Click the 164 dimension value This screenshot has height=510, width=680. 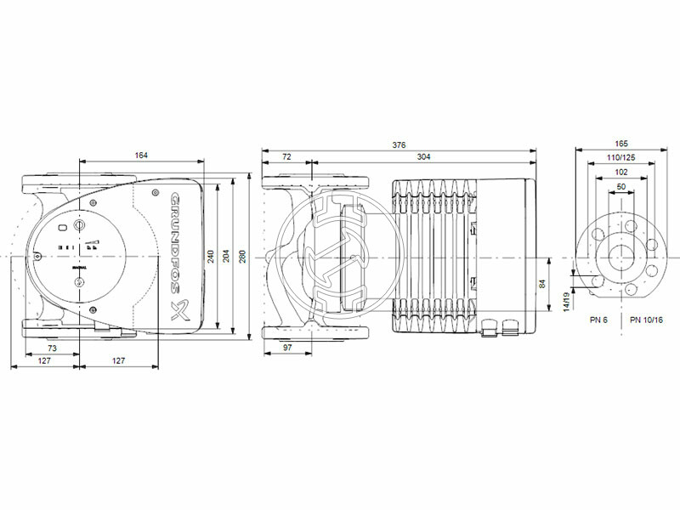[141, 155]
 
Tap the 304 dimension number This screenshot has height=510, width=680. [422, 157]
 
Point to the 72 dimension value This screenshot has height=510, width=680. [286, 157]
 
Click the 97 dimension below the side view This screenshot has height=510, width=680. [287, 349]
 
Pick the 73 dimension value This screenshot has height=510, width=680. [52, 349]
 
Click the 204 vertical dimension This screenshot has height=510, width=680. [226, 255]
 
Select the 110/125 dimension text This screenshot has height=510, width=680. [622, 158]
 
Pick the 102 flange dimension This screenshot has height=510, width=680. [622, 172]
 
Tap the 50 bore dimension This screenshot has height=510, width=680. [621, 186]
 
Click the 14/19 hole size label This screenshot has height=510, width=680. [567, 302]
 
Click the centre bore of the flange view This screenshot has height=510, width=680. [622, 255]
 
